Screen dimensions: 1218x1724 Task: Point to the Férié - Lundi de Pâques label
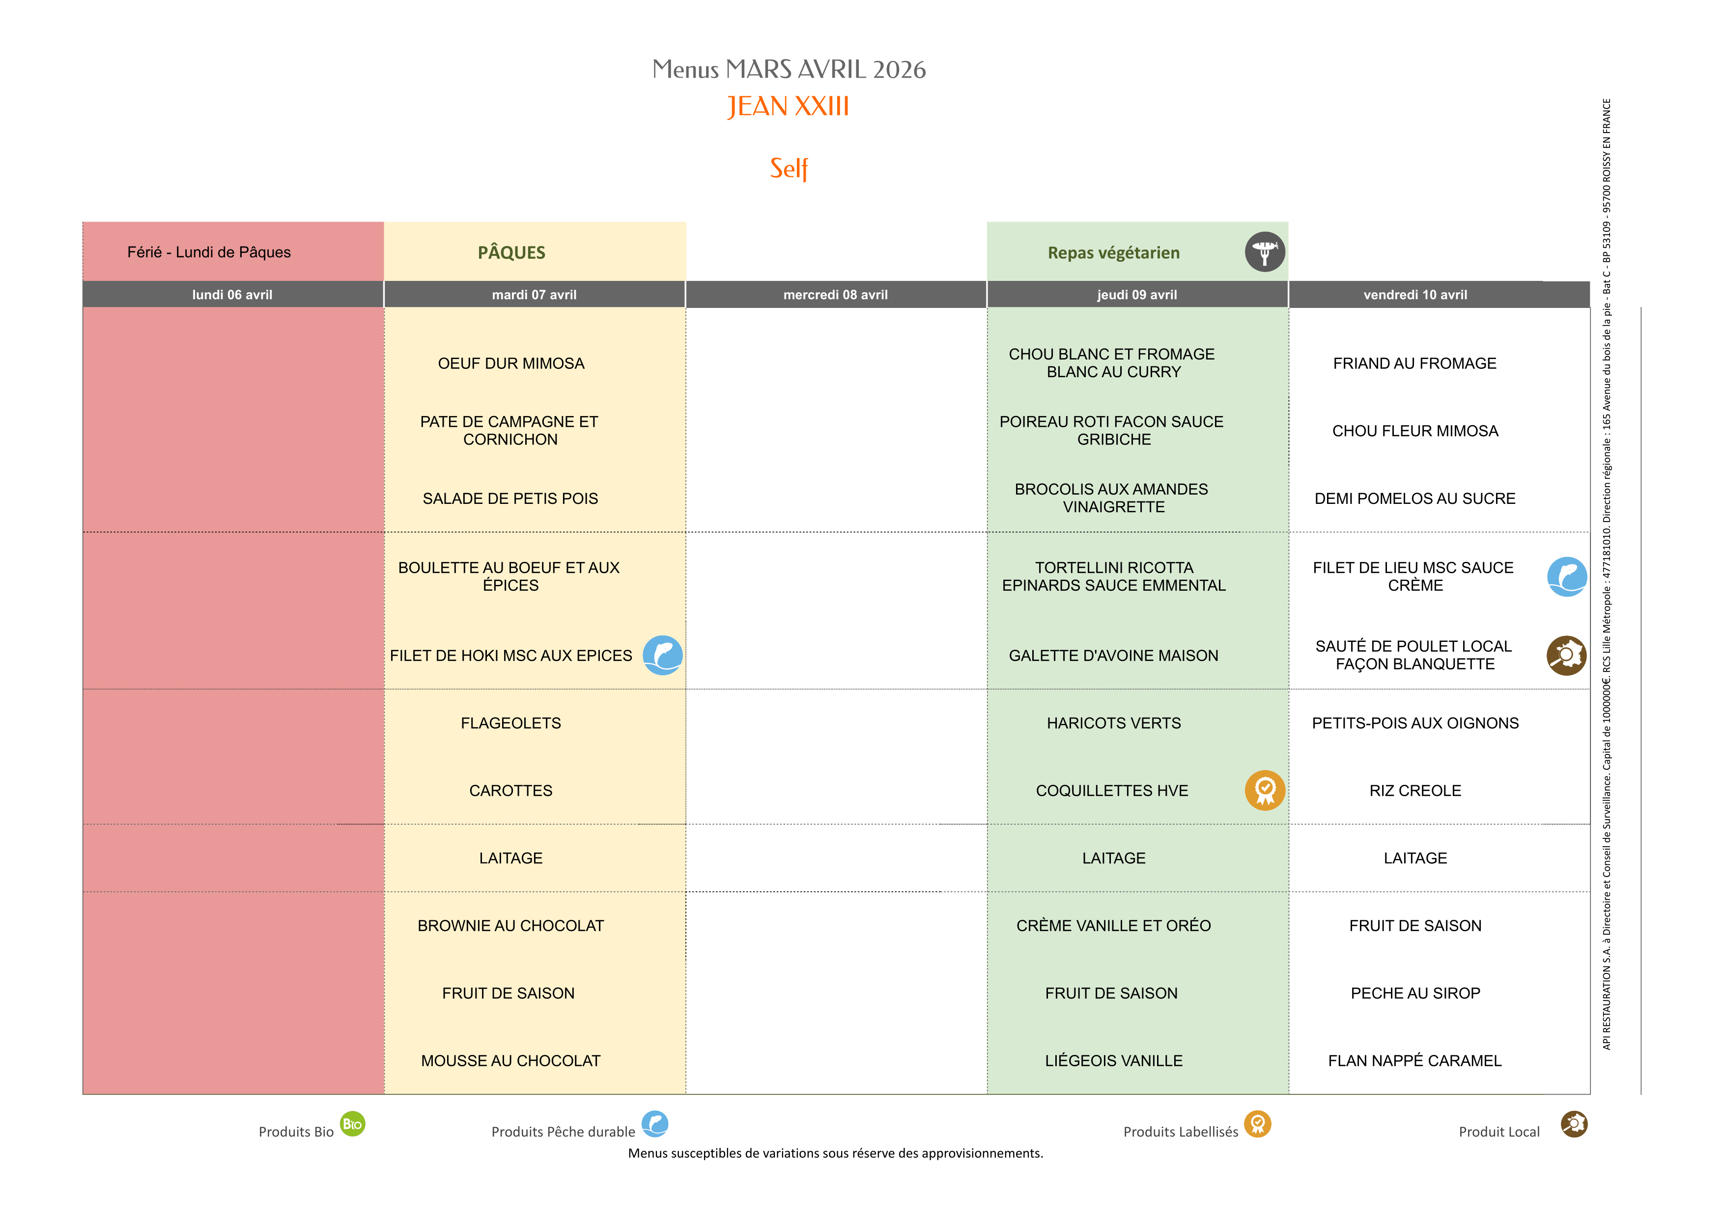coord(209,252)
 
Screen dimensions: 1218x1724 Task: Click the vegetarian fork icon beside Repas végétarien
coord(1265,252)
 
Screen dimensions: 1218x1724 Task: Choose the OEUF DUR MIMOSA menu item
coord(510,363)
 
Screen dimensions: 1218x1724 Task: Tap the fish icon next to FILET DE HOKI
coord(662,655)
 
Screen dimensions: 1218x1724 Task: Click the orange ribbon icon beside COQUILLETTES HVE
coord(1265,790)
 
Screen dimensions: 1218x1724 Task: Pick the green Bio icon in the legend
coord(352,1123)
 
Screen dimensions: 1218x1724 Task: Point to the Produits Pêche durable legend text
coord(563,1132)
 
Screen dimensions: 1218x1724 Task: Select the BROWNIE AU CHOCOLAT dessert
coord(510,925)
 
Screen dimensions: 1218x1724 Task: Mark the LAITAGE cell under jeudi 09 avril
coord(1113,858)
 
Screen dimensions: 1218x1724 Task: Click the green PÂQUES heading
coord(511,252)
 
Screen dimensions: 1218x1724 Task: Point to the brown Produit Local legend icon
coord(1574,1123)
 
